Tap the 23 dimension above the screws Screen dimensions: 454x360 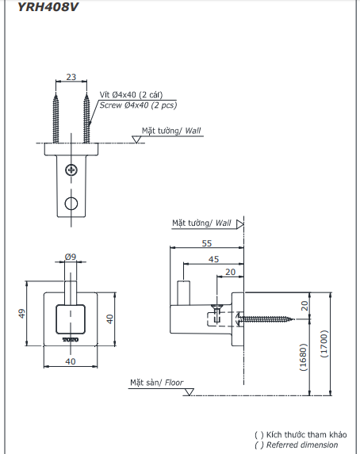[x=71, y=77]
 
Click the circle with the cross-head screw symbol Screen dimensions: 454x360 [x=71, y=169]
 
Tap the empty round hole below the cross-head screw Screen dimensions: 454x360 [x=71, y=203]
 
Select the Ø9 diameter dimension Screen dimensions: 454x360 [x=70, y=257]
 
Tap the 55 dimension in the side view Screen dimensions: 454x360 [x=205, y=243]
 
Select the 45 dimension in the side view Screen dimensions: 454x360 [x=213, y=258]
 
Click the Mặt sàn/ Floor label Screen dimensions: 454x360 [x=157, y=383]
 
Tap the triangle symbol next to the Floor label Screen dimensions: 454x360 [x=189, y=388]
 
